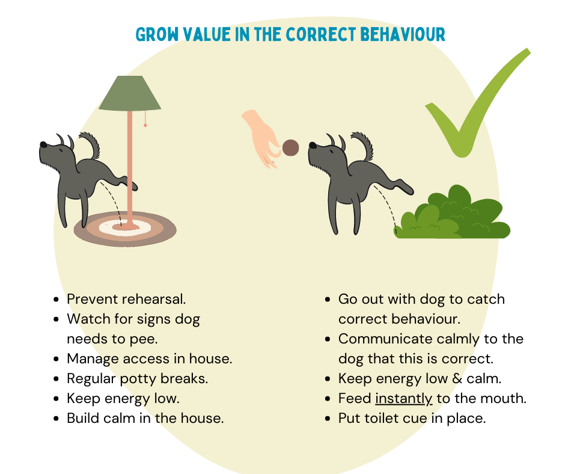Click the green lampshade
click(130, 93)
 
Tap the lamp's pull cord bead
click(145, 125)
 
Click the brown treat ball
click(290, 148)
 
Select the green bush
click(452, 215)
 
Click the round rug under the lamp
click(125, 229)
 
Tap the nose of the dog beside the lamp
click(43, 144)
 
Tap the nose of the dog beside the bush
click(313, 146)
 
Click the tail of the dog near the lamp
click(91, 144)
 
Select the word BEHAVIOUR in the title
click(403, 35)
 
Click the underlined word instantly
click(403, 399)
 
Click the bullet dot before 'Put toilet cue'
click(328, 419)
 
